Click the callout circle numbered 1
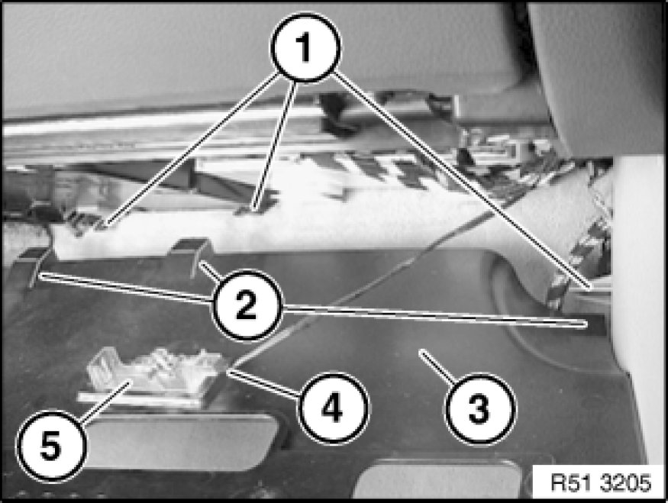pos(306,47)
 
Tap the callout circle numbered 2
pos(247,305)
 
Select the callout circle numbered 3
pos(479,409)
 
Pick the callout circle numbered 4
pos(333,408)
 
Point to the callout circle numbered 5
pos(51,446)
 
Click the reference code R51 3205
pos(601,483)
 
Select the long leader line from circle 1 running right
pos(461,181)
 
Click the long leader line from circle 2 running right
pos(434,315)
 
